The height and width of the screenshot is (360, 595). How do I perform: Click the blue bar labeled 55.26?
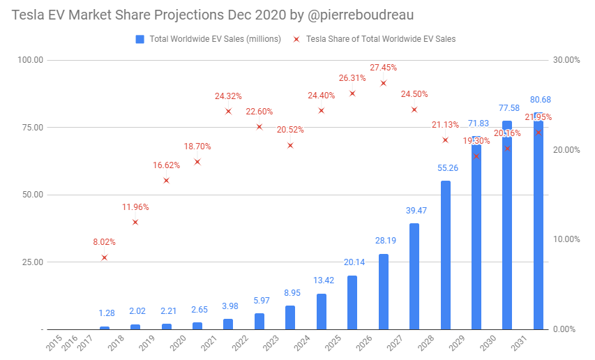(446, 255)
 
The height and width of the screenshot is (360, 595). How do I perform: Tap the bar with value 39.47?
(414, 276)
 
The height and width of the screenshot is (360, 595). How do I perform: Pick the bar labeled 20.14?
(352, 302)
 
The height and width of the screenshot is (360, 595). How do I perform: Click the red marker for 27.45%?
(383, 83)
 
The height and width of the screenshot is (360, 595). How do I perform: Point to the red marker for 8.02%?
(105, 257)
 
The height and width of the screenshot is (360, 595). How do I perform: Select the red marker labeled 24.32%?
(228, 111)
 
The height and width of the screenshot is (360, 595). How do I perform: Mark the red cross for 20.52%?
(290, 145)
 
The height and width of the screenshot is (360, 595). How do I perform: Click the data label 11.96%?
(135, 207)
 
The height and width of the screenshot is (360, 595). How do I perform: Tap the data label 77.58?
(507, 108)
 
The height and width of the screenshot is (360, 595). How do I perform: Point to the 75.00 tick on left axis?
(30, 128)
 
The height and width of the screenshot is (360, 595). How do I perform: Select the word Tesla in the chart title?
(30, 14)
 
